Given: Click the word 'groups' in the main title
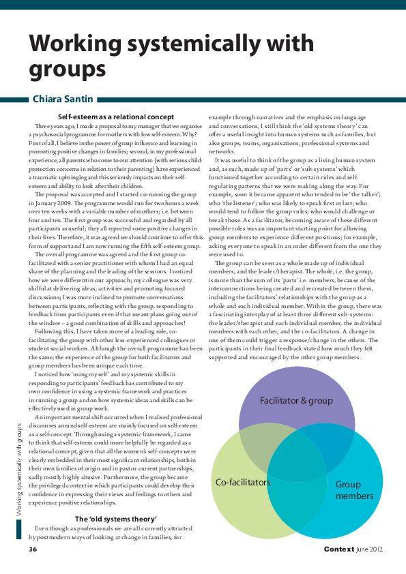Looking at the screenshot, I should pyautogui.click(x=68, y=70).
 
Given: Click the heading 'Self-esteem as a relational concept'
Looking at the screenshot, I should pyautogui.click(x=116, y=117).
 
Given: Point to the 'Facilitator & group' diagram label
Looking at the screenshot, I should pyautogui.click(x=296, y=400).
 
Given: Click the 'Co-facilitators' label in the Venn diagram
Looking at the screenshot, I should pyautogui.click(x=243, y=482).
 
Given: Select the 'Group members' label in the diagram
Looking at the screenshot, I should pyautogui.click(x=353, y=490).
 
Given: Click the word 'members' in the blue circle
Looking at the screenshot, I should pyautogui.click(x=354, y=496).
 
